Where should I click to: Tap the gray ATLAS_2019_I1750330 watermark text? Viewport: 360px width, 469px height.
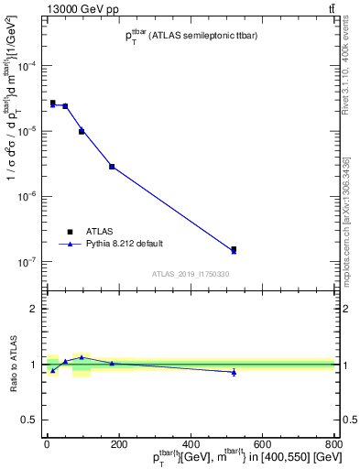tap(190, 274)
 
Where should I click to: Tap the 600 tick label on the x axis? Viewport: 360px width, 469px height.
tap(262, 444)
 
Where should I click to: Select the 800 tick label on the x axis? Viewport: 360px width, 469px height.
tap(333, 444)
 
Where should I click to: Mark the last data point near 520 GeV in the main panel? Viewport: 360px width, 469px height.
tap(234, 249)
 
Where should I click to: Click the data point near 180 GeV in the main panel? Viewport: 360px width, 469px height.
tap(112, 167)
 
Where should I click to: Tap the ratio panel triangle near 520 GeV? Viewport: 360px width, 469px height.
tap(234, 372)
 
